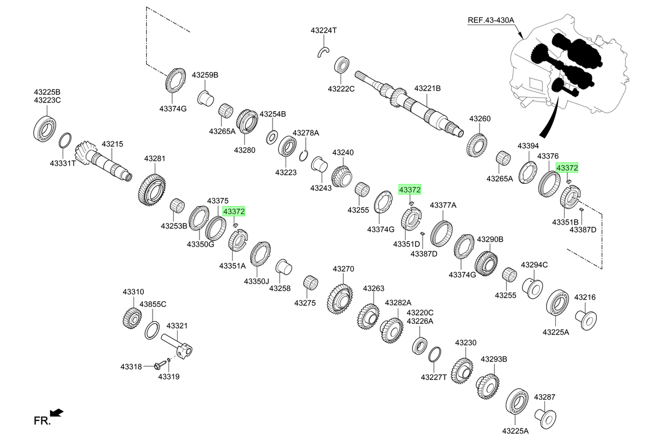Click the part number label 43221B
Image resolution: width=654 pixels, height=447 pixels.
[x=427, y=88]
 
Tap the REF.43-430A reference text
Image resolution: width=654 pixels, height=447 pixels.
[x=491, y=20]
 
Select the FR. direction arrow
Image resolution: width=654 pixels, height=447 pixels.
[x=57, y=413]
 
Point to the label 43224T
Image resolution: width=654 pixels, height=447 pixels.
[x=324, y=31]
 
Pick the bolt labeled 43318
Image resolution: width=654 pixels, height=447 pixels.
[x=159, y=365]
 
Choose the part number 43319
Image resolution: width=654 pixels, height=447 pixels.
[x=169, y=377]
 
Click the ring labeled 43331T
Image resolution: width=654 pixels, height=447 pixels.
[x=65, y=141]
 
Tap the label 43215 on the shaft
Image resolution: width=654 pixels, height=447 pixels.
[x=112, y=144]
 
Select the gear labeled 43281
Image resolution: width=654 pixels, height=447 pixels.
[x=152, y=190]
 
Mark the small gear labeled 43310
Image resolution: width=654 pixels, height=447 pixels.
[x=132, y=318]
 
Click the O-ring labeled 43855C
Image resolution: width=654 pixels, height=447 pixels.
[x=152, y=330]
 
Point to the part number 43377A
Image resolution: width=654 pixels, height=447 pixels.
[x=443, y=206]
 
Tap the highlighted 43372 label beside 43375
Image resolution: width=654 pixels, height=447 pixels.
[x=234, y=211]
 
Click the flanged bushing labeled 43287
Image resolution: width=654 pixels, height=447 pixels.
[x=546, y=419]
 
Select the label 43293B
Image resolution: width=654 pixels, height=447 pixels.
[x=494, y=359]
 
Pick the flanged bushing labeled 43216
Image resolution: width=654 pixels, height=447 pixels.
[x=586, y=321]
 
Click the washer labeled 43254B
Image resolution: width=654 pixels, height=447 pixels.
[x=272, y=137]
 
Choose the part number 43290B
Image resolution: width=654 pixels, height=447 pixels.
[x=490, y=239]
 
